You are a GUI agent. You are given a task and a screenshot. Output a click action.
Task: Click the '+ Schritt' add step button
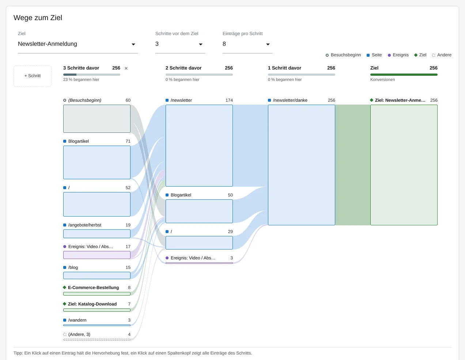(x=33, y=76)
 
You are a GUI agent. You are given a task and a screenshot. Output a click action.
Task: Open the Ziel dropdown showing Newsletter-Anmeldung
(x=77, y=44)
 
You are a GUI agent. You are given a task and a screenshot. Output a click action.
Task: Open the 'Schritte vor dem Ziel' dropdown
(x=180, y=44)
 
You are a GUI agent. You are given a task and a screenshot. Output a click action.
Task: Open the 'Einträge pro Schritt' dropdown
(x=247, y=44)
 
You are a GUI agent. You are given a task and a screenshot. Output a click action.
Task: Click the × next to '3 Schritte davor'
(x=126, y=68)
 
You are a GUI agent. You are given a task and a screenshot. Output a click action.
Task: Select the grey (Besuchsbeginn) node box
(x=97, y=119)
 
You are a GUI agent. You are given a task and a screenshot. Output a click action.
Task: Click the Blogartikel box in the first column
(x=97, y=162)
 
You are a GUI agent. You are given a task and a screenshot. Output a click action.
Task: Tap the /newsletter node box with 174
(x=199, y=145)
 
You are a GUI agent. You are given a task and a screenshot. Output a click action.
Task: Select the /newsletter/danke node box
(x=301, y=165)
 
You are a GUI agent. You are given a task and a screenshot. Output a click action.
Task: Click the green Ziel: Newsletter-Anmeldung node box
(x=404, y=165)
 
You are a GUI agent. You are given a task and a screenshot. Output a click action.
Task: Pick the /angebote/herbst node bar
(x=97, y=234)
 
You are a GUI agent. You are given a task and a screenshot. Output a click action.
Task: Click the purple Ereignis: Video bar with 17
(x=97, y=255)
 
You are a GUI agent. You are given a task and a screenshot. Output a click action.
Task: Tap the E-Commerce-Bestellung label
(x=93, y=288)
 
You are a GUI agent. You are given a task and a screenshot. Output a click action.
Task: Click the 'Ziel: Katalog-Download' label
(x=92, y=304)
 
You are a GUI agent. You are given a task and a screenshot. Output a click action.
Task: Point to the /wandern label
(x=77, y=320)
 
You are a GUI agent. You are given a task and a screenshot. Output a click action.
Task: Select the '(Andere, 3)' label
(x=79, y=334)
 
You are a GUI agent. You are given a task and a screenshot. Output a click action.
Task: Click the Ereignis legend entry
(x=398, y=55)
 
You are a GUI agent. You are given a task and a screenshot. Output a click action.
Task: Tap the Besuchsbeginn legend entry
(x=343, y=55)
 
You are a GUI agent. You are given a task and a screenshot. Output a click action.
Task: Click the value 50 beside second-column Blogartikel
(x=230, y=195)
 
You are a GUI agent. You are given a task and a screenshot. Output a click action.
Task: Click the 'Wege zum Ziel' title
(x=38, y=18)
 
